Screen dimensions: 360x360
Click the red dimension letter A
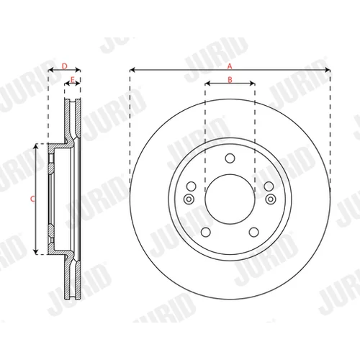pyautogui.click(x=230, y=66)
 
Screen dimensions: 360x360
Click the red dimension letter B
pyautogui.click(x=230, y=79)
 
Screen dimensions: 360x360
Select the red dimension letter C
pyautogui.click(x=32, y=199)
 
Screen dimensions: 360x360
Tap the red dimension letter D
pyautogui.click(x=65, y=66)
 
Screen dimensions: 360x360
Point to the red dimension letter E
pyautogui.click(x=73, y=79)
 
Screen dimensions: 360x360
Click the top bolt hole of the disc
pyautogui.click(x=230, y=158)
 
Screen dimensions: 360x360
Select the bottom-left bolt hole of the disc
pyautogui.click(x=206, y=232)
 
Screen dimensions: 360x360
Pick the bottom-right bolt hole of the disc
pyautogui.click(x=254, y=232)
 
